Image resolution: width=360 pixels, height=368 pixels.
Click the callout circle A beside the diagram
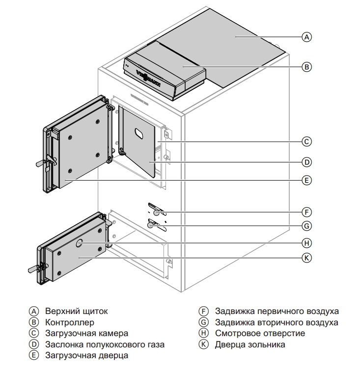click(306, 37)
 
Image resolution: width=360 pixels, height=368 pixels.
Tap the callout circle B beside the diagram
click(306, 67)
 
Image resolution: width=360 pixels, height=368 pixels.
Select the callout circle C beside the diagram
click(306, 142)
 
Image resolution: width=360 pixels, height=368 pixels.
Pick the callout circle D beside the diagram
click(306, 161)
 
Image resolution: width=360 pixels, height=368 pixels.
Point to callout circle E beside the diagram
click(306, 181)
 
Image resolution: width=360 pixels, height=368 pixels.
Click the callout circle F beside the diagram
click(306, 212)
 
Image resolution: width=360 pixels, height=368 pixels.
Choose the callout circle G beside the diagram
click(306, 226)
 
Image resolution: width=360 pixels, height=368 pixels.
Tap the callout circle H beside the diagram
click(306, 243)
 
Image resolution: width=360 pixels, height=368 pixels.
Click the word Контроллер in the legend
click(69, 322)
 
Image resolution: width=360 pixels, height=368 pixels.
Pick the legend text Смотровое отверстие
click(260, 334)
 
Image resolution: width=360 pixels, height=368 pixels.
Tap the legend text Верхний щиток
click(76, 312)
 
